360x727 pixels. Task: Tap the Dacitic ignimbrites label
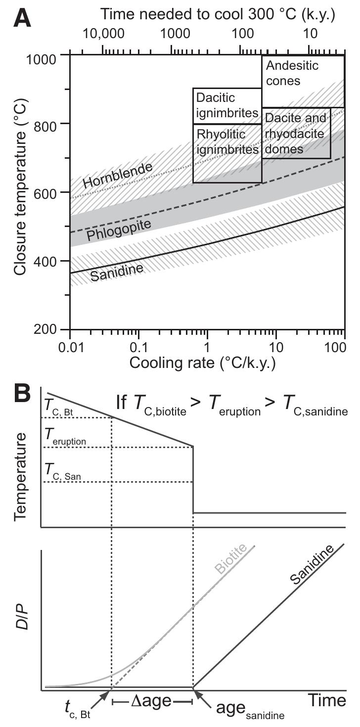(x=227, y=105)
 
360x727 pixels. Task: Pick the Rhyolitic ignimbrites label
(x=227, y=141)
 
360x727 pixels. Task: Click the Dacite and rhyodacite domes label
(x=295, y=133)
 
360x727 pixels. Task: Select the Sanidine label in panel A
(x=117, y=270)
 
